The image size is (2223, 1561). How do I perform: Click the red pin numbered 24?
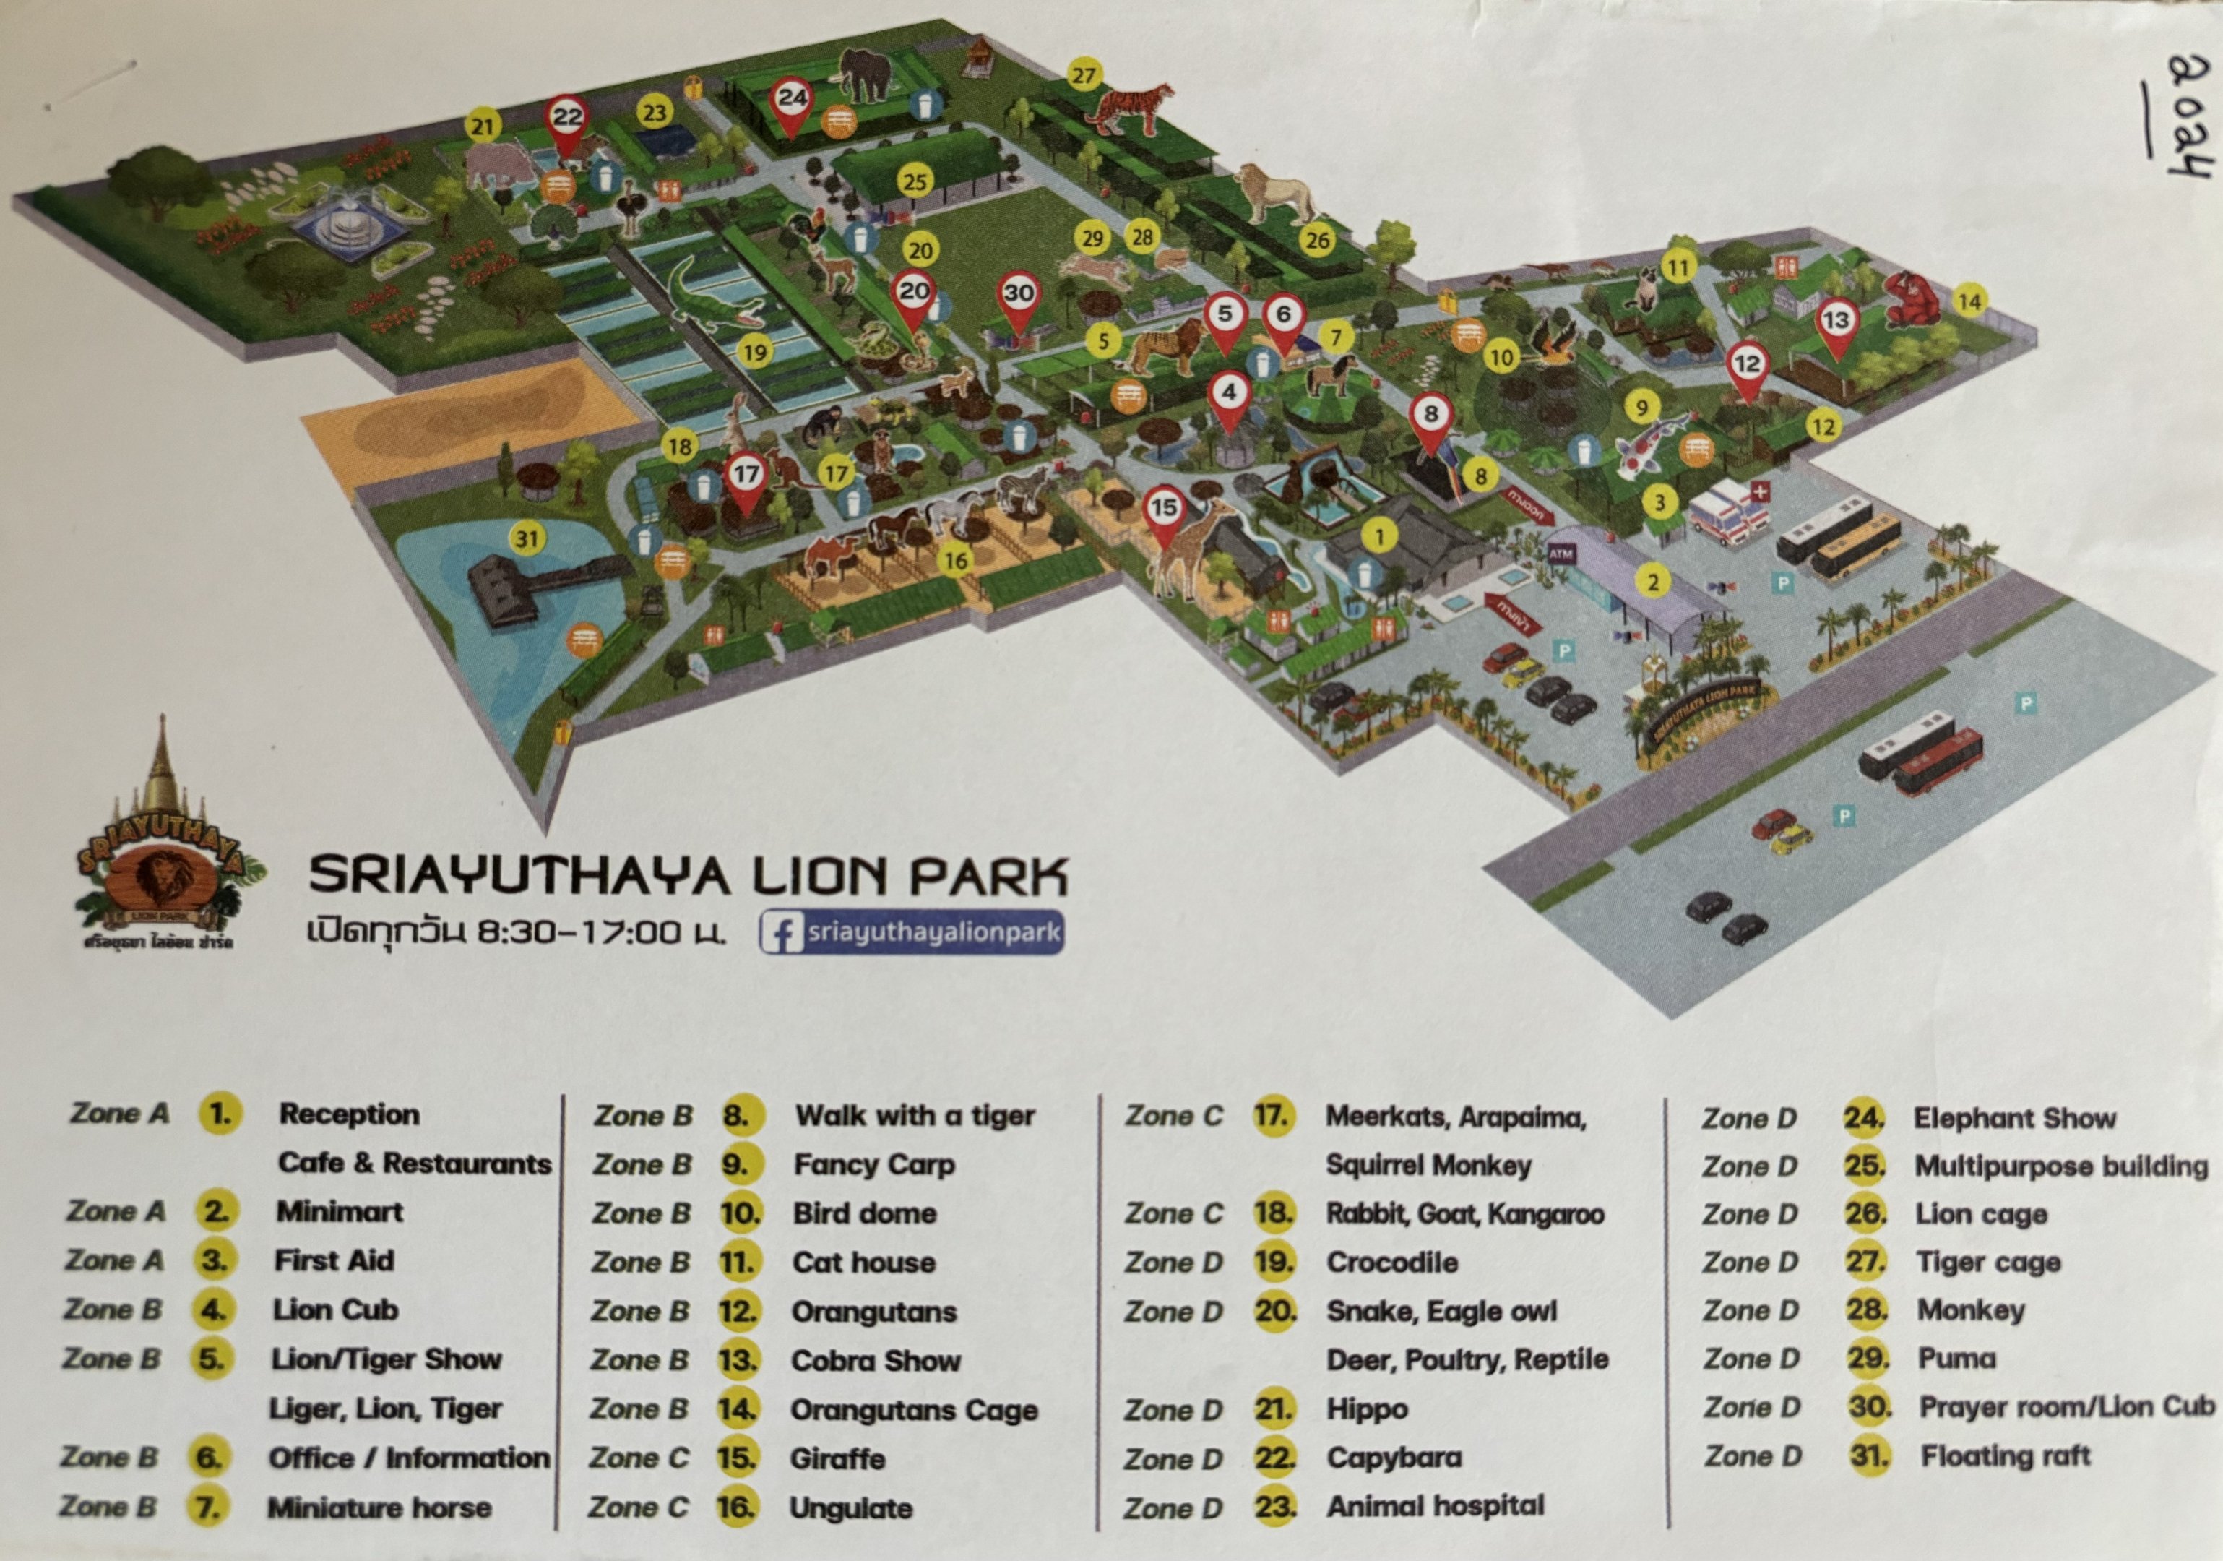[x=792, y=100]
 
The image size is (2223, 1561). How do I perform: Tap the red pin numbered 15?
[x=1164, y=509]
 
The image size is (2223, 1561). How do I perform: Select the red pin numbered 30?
[x=1018, y=296]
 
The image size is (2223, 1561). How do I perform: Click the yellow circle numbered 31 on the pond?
[x=527, y=538]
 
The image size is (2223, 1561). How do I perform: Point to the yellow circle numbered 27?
[x=1084, y=76]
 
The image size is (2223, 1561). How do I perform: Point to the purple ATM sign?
[x=1561, y=554]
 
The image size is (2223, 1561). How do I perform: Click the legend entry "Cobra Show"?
[x=876, y=1361]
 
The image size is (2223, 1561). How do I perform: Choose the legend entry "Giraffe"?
[x=837, y=1458]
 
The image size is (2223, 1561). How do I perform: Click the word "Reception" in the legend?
[x=350, y=1114]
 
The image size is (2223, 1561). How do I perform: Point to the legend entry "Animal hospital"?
[x=1436, y=1506]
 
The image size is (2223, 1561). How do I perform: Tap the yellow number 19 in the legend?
[x=1274, y=1262]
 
